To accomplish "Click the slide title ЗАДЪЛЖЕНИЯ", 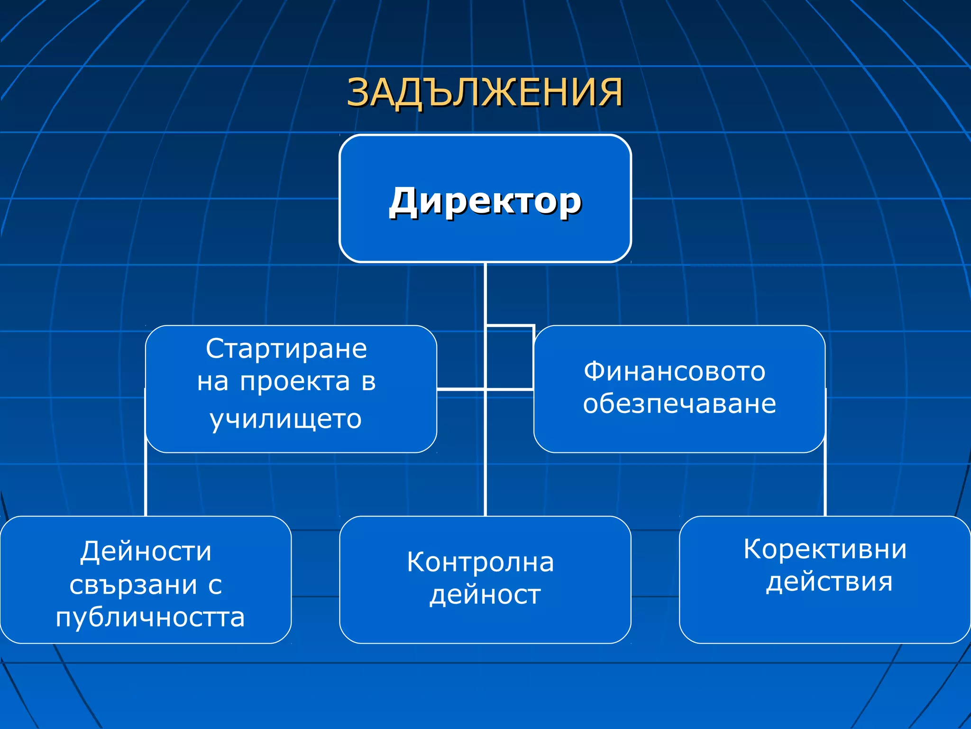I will [485, 93].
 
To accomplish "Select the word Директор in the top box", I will [485, 202].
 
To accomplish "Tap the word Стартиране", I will [286, 349].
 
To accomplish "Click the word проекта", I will [295, 382].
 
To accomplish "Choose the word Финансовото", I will [674, 371].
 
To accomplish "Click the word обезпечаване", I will [679, 404].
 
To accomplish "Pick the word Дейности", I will [146, 551].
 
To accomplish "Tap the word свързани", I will [133, 585].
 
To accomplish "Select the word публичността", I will [150, 617].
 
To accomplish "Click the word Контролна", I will [480, 562].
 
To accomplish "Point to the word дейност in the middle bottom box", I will [485, 595].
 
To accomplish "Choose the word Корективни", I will [824, 550].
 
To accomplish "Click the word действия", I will [829, 582].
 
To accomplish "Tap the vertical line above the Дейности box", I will [146, 484].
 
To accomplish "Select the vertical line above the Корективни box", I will [825, 484].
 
